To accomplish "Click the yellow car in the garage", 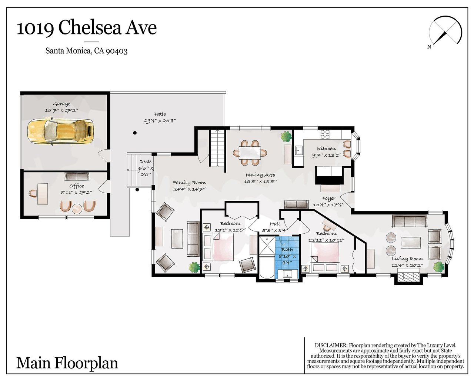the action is [x=60, y=132].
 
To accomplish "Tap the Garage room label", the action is [x=61, y=104].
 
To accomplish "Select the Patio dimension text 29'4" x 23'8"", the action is [x=160, y=121].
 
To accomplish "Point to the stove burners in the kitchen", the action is [x=325, y=134].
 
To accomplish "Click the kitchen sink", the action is [x=299, y=151].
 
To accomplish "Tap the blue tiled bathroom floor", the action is [x=287, y=257].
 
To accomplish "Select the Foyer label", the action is [x=328, y=199].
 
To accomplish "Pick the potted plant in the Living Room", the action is [x=438, y=267].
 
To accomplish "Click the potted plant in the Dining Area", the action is [x=286, y=136].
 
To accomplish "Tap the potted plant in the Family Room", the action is [x=194, y=267].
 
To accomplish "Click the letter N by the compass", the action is [x=429, y=53].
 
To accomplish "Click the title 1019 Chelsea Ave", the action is [x=87, y=28].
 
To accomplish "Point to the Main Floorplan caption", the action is [x=67, y=363].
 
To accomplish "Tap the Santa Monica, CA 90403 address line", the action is [x=86, y=51].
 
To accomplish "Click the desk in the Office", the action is [x=43, y=194].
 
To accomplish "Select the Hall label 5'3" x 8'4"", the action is [x=275, y=227].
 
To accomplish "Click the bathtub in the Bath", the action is [x=267, y=267].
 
